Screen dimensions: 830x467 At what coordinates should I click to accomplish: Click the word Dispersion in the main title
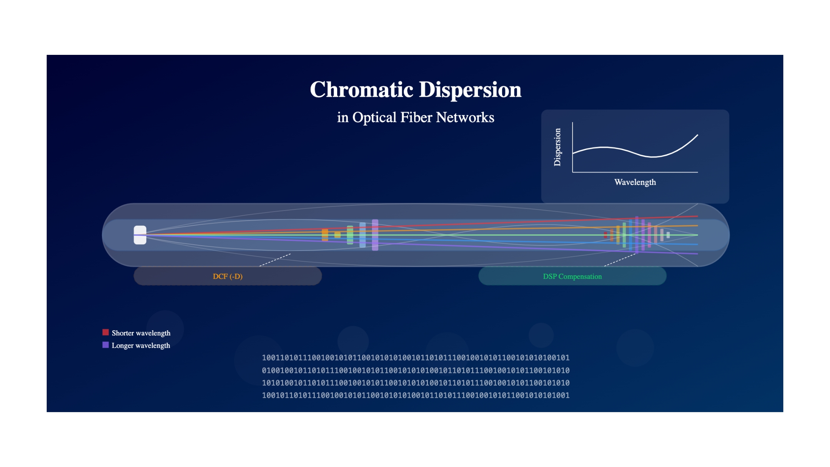470,90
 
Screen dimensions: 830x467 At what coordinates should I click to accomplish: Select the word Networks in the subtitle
465,117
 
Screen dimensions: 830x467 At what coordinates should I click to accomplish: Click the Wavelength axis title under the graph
635,182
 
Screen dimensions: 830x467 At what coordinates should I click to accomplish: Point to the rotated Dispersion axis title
557,147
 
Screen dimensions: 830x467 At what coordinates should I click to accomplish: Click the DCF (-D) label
228,276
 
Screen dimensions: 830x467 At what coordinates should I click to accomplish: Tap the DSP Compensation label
572,276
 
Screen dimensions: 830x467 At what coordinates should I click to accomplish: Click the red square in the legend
106,332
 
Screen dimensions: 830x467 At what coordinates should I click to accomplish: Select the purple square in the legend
106,345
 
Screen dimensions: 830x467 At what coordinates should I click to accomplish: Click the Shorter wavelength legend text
141,333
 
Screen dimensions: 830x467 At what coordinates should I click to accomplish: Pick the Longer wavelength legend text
141,345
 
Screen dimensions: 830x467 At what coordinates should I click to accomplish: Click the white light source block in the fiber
140,235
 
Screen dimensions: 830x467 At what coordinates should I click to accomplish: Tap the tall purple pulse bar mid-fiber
375,235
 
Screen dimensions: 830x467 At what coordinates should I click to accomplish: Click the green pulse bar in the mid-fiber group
350,235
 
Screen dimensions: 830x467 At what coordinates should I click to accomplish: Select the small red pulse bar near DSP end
605,235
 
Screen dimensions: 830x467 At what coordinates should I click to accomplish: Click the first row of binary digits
416,358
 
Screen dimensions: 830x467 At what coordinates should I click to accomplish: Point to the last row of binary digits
416,395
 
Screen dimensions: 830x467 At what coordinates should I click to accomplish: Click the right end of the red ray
698,216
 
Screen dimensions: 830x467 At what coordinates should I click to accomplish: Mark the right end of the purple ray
698,254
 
